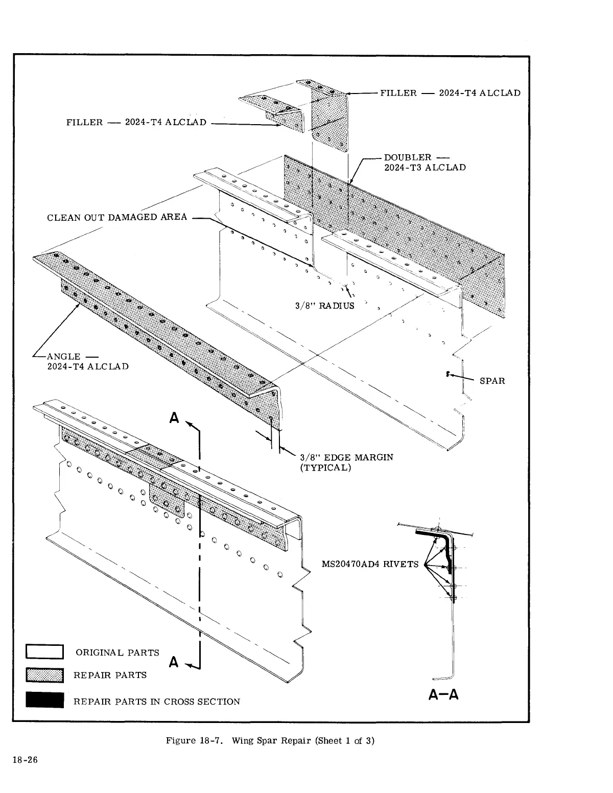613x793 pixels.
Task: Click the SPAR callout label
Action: tap(492, 381)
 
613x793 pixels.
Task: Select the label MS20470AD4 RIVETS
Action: tap(370, 564)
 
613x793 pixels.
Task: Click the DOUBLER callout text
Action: tap(425, 162)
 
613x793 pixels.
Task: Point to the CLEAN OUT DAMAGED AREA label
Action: tap(117, 217)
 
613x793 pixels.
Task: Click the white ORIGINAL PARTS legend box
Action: tap(45, 652)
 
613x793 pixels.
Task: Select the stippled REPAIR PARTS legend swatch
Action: tap(45, 675)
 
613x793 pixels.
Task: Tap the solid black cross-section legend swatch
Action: tap(45, 700)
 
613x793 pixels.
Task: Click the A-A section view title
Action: tap(443, 695)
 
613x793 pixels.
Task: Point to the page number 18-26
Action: tap(25, 760)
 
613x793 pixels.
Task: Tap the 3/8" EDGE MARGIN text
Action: tap(346, 457)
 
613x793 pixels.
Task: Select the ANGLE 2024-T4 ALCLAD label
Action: tap(87, 361)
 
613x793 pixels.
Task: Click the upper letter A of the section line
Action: tap(175, 418)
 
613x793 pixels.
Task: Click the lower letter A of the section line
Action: tap(174, 662)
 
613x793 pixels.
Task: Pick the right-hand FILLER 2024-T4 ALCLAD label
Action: tap(450, 93)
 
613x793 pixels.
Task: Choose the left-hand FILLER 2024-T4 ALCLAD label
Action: tap(136, 122)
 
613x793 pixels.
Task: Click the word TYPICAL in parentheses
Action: tap(325, 468)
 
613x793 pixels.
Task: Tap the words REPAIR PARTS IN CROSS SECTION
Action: tap(156, 702)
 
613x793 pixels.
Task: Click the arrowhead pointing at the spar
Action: tap(449, 375)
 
